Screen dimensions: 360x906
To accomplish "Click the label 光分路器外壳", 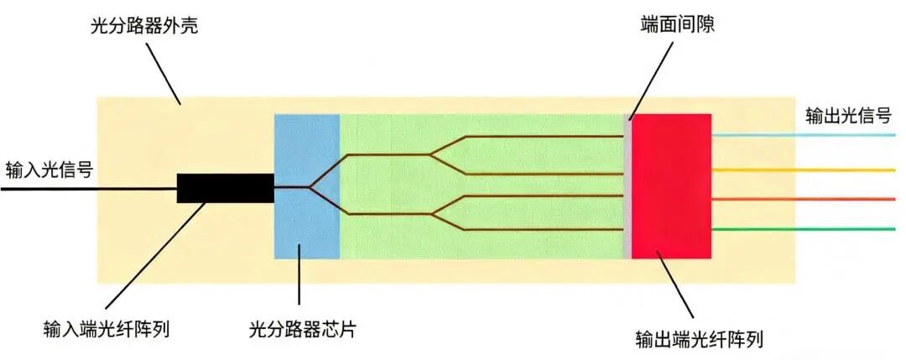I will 143,29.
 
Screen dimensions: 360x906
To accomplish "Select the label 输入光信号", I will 49,169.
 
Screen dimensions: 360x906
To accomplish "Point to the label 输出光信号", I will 848,115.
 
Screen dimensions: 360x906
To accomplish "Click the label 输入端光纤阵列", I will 109,327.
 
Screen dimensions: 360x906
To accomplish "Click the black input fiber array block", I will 225,188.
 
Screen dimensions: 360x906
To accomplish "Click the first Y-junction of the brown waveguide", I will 310,186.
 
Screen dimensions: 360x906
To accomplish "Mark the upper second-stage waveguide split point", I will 430,154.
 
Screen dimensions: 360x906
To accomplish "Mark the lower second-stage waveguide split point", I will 430,214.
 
